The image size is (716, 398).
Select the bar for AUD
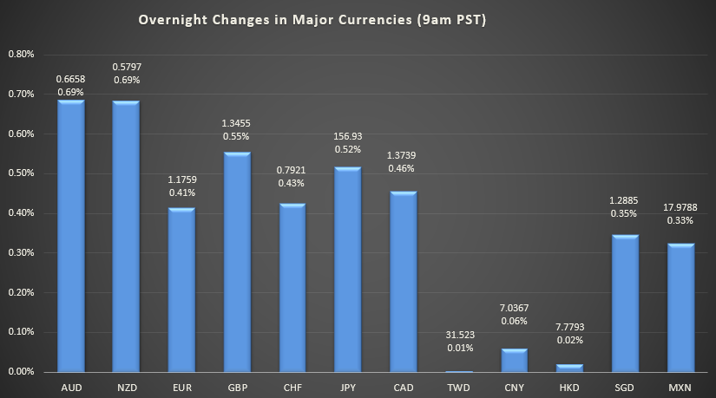(x=70, y=236)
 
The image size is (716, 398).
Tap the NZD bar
(x=126, y=236)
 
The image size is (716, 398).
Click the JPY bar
(x=348, y=269)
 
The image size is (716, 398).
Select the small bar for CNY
(x=515, y=360)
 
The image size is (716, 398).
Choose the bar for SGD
(x=626, y=303)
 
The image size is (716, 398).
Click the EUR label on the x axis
(x=181, y=386)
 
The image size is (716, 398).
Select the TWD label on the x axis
(x=459, y=386)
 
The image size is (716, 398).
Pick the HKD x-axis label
(x=570, y=386)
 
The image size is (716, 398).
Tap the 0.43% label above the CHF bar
(x=292, y=183)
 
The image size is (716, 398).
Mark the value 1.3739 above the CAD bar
(x=404, y=155)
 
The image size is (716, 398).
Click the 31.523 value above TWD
(x=459, y=334)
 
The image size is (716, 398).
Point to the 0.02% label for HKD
(x=570, y=345)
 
